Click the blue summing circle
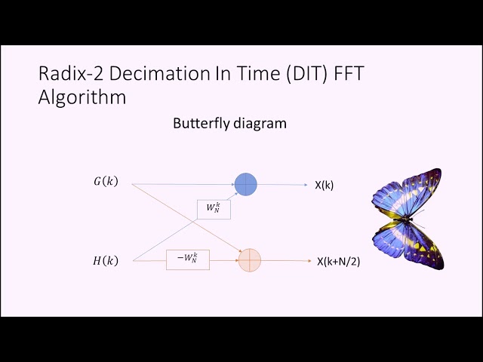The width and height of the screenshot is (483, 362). point(246,184)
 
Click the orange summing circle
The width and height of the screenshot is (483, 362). point(249,260)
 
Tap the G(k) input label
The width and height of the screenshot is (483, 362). point(105,182)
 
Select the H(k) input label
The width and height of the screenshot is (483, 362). point(106,261)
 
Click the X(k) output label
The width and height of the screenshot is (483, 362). point(324,185)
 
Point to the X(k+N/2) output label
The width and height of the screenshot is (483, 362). point(333,262)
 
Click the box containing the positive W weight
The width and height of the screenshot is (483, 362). point(214,208)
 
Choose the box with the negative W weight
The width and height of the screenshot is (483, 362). point(187,259)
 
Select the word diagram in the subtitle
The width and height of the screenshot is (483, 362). point(260,123)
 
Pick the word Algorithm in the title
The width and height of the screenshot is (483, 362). point(82,98)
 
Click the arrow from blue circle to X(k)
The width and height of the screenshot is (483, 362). point(283,184)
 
